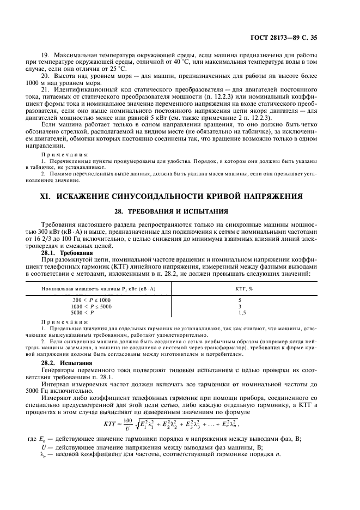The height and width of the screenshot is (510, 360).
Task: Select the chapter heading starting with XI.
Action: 180,196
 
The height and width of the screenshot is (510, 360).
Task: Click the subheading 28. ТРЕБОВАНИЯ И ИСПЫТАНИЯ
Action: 180,210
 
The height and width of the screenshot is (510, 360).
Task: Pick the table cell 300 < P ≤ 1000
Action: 91,300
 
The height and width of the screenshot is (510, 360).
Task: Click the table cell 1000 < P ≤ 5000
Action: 91,307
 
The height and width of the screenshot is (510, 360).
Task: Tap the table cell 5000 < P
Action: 83,313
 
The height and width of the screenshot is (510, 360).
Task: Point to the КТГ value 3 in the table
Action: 240,307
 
